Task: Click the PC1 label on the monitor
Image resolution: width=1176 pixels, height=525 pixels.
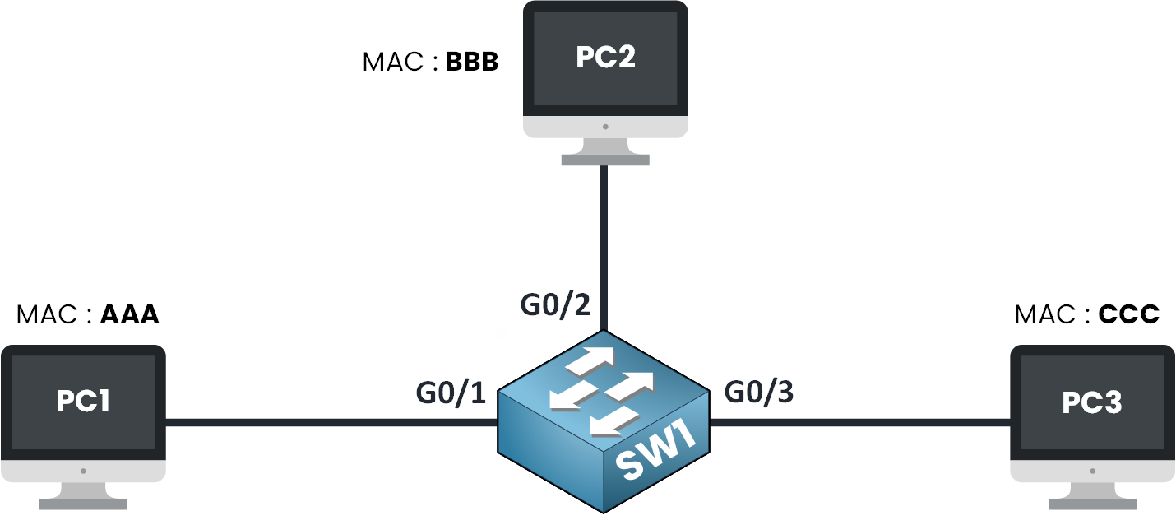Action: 83,401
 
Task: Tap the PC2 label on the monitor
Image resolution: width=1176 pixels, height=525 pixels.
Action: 604,58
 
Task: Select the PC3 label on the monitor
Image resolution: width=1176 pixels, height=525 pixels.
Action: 1092,402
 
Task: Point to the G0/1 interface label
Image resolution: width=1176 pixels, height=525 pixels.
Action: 451,393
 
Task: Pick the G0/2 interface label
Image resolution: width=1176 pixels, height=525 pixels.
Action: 555,305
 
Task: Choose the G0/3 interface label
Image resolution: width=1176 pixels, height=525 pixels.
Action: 759,393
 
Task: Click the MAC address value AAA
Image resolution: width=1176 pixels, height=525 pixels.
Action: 128,315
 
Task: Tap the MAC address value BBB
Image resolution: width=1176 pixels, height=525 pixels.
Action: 472,63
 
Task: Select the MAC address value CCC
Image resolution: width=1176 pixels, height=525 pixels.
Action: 1128,315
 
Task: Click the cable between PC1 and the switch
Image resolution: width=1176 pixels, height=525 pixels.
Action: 329,423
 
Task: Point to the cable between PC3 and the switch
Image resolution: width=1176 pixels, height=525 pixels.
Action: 859,423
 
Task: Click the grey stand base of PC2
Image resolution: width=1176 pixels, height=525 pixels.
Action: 604,160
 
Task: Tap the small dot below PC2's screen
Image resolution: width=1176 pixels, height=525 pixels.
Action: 604,127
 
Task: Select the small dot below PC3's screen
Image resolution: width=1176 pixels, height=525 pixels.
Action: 1092,472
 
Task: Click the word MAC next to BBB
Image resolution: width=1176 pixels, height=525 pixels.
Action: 391,63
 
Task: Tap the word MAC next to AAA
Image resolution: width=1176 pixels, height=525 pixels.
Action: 45,315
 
